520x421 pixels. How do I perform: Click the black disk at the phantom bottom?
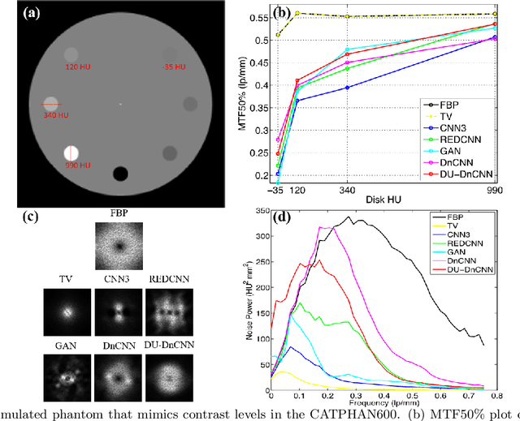[121, 174]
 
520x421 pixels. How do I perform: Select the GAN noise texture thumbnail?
[66, 380]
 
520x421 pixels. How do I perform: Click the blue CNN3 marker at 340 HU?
[348, 87]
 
